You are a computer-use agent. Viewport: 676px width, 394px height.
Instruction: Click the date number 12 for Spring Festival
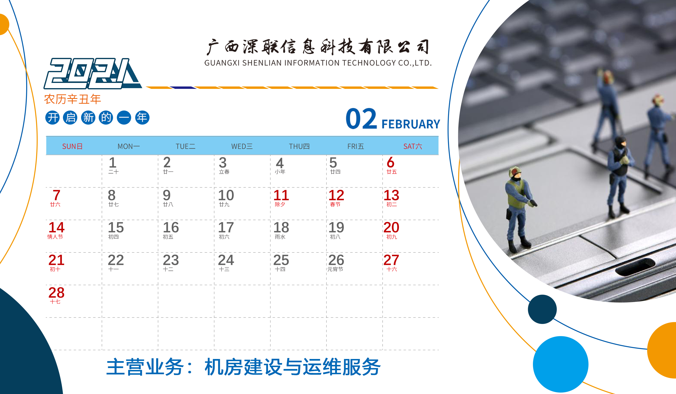336,195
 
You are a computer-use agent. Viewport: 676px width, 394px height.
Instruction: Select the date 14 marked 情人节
56,227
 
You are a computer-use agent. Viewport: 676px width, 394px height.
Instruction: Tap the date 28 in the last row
56,293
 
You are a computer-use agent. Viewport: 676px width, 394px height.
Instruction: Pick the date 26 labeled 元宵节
336,260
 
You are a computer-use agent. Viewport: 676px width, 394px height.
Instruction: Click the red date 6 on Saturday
391,162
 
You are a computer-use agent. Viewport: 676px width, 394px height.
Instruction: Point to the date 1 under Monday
112,163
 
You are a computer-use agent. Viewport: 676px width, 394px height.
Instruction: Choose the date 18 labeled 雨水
281,227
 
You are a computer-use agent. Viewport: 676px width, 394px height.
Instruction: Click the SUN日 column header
72,146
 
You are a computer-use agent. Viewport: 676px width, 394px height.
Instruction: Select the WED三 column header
242,146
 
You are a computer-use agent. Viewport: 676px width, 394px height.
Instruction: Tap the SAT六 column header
413,146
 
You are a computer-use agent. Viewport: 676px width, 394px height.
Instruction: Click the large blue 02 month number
361,118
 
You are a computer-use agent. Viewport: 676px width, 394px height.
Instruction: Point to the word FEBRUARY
411,124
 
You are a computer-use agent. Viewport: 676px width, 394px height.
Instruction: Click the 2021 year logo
93,73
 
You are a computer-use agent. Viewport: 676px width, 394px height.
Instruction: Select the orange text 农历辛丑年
72,99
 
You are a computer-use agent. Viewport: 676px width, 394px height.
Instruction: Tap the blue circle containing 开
52,118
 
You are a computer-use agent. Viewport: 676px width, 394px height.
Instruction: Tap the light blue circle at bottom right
561,364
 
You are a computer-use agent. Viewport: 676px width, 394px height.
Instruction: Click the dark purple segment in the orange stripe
183,88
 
